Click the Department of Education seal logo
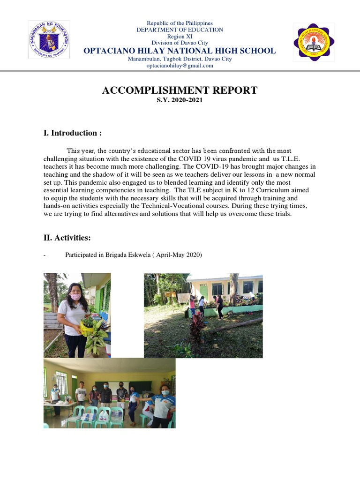tap(49, 40)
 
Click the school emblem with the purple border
tap(314, 42)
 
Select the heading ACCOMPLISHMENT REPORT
tap(180, 90)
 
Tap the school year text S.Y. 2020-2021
tap(180, 100)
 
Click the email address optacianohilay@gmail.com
tap(180, 66)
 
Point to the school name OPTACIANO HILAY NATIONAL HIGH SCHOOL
tap(180, 51)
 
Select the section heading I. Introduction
tap(73, 133)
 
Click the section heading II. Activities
tap(67, 238)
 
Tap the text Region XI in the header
tap(180, 37)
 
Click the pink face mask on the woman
tap(75, 297)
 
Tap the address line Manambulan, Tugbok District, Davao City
tap(180, 59)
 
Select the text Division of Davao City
tap(180, 43)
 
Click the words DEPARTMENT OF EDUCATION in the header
tap(180, 30)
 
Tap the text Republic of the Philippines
tap(180, 23)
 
